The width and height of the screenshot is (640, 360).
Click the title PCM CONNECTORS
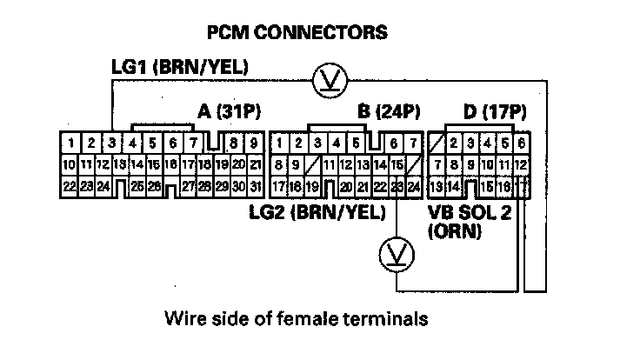point(296,33)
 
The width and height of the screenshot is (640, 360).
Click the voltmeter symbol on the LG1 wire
point(330,79)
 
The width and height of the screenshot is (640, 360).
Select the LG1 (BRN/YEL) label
point(180,66)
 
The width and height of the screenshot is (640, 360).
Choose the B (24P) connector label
point(389,112)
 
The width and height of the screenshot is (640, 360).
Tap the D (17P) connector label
point(492,112)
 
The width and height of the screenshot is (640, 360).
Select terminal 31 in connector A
point(255,186)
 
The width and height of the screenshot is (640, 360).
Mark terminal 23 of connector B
point(397,186)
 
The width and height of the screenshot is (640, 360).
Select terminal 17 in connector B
point(279,186)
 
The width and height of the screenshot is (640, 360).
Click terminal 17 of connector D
point(522,186)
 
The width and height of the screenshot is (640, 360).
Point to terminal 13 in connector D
point(437,186)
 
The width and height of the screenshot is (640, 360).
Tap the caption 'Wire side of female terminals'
point(296,319)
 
